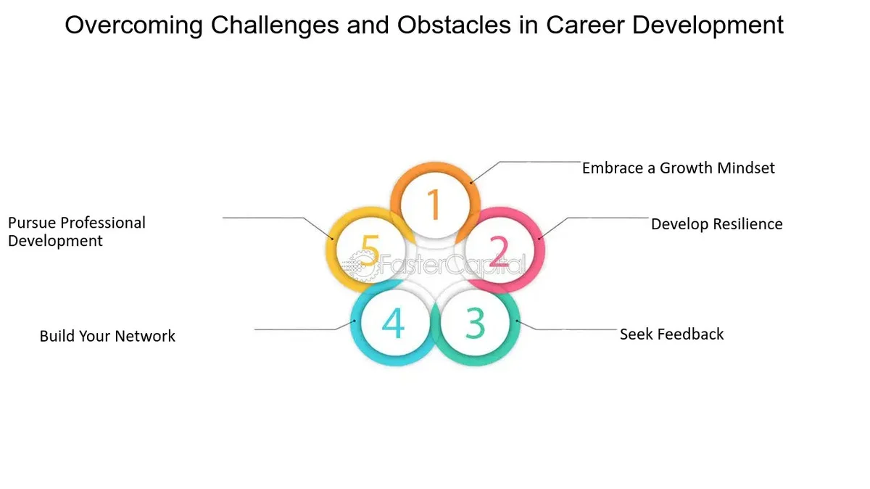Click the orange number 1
click(x=434, y=204)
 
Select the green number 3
click(x=476, y=323)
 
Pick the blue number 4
click(x=393, y=323)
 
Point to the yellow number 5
click(x=370, y=250)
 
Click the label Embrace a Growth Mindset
click(x=678, y=168)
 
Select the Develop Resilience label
click(x=716, y=224)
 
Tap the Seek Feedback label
click(x=671, y=334)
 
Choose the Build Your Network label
click(x=107, y=336)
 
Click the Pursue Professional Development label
click(x=77, y=231)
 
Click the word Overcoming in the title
click(x=133, y=25)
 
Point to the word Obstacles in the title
click(x=454, y=25)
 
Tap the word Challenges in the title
click(x=275, y=25)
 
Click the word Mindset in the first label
click(x=746, y=168)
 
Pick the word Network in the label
click(x=145, y=336)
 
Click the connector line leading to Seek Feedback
click(x=566, y=326)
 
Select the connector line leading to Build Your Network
click(x=305, y=328)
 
